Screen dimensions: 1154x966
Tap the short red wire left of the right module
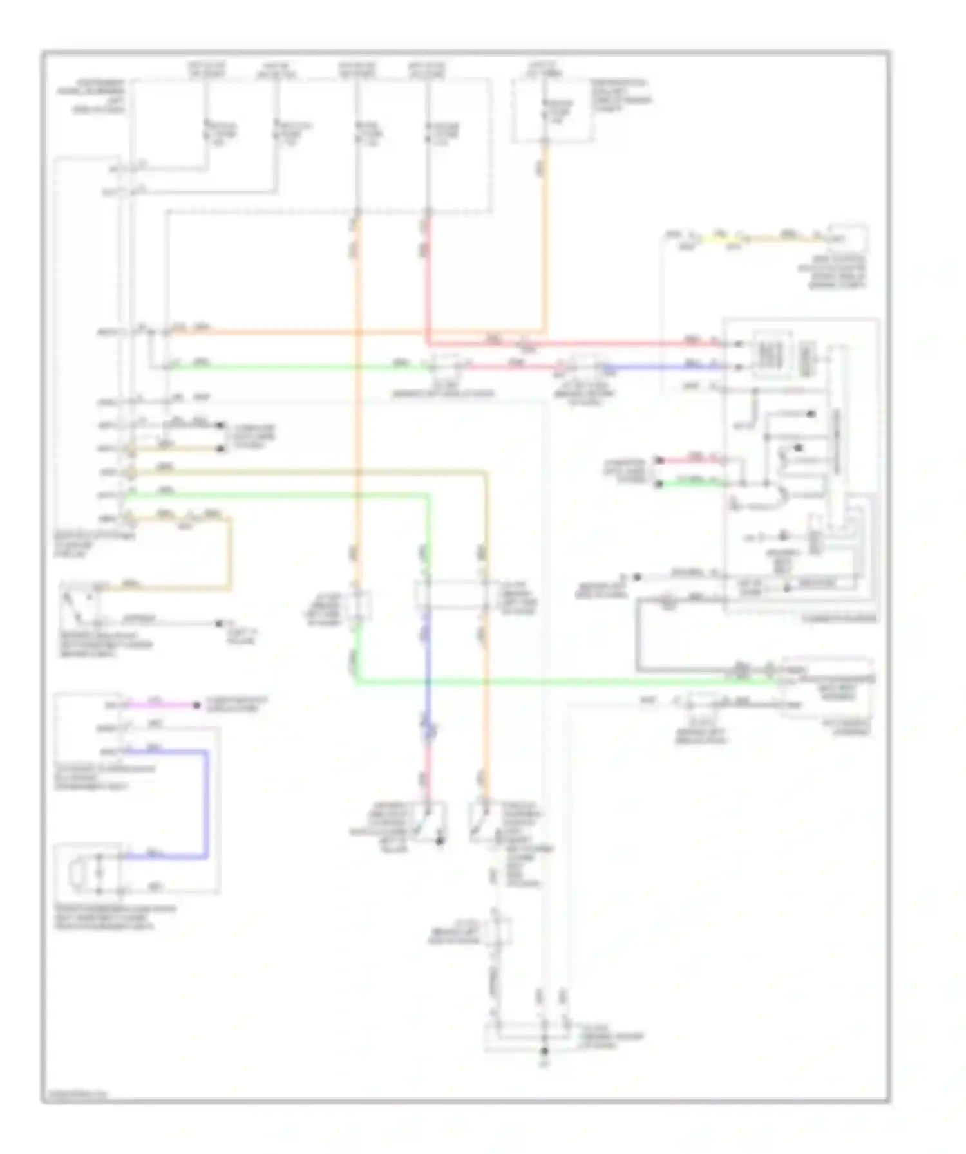click(x=692, y=460)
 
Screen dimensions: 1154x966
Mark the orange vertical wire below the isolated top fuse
click(x=545, y=238)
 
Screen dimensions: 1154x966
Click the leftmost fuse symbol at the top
click(x=207, y=129)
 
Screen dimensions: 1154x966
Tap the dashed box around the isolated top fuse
click(x=552, y=111)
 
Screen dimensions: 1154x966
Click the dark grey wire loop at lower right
click(x=638, y=637)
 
